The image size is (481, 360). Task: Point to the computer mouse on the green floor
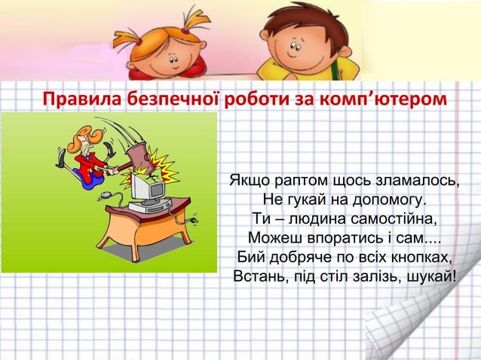point(106,197)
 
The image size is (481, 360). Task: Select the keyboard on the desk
point(151,208)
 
